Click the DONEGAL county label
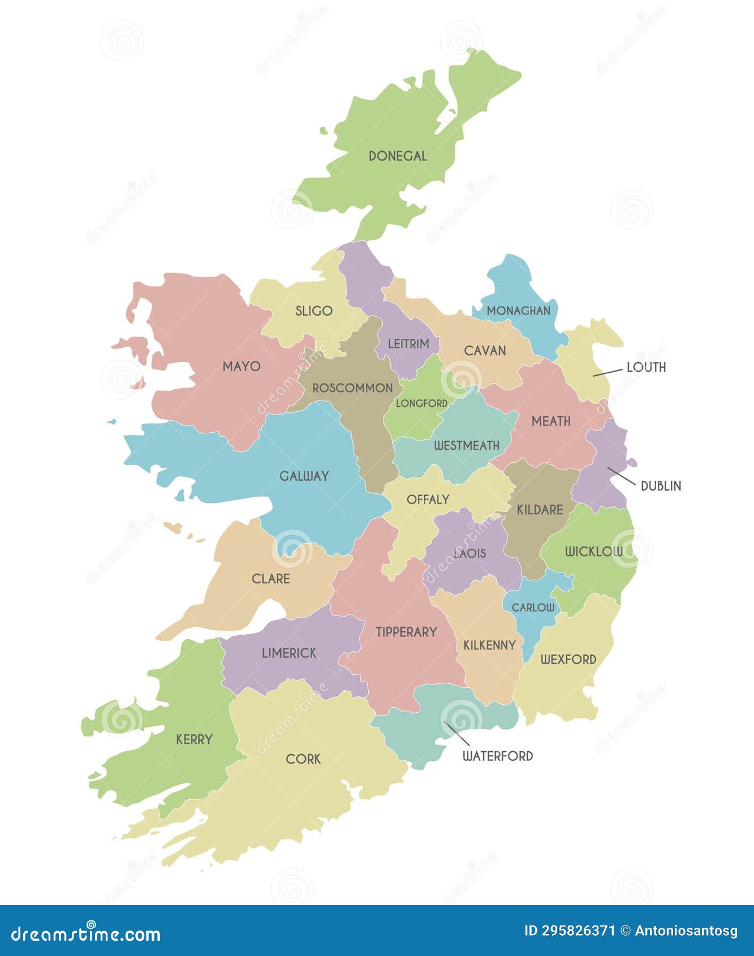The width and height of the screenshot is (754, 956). click(398, 156)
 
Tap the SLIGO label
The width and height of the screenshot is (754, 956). click(313, 311)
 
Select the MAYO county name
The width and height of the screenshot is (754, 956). click(242, 366)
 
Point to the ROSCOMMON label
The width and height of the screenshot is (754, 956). click(352, 388)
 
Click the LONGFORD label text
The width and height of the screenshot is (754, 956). click(421, 403)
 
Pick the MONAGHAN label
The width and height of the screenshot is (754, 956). click(518, 311)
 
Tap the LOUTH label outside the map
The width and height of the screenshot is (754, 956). click(646, 367)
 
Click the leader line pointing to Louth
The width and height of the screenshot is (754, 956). click(607, 372)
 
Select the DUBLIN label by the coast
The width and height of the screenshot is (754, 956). click(661, 486)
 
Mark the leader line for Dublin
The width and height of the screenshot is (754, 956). click(621, 476)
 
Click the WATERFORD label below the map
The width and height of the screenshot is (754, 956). click(498, 756)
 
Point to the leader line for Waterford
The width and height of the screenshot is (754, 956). click(456, 733)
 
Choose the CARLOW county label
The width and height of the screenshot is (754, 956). click(533, 608)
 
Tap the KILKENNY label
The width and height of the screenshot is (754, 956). click(489, 645)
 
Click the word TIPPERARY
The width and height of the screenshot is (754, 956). click(406, 632)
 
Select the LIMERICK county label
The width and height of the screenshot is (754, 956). click(289, 653)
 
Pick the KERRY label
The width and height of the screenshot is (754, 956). click(194, 739)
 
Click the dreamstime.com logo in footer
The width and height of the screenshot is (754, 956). click(86, 934)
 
